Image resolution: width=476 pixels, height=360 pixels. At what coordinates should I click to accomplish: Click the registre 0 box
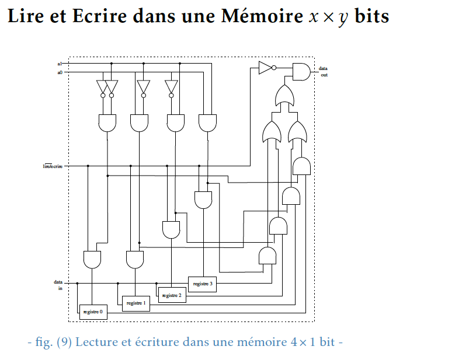coord(93,312)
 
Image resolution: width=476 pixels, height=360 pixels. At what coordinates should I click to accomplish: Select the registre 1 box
coord(135,303)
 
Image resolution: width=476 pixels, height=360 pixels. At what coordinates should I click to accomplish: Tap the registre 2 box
coord(171,295)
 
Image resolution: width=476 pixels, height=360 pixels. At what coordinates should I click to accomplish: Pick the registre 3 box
coord(202,284)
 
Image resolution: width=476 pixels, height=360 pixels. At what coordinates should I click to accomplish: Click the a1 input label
coord(60,63)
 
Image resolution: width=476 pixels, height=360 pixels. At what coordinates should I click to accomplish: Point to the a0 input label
coord(60,72)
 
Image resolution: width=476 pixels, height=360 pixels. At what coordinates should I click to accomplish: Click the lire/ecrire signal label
coord(53,166)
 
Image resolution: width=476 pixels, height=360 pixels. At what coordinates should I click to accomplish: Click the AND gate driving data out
coord(301,71)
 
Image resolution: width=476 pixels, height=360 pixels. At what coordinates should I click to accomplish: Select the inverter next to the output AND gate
coord(266,67)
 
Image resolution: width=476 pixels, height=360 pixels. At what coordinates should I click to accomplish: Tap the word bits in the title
coord(371,16)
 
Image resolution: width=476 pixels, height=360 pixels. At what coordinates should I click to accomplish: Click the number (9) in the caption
coord(64,342)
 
